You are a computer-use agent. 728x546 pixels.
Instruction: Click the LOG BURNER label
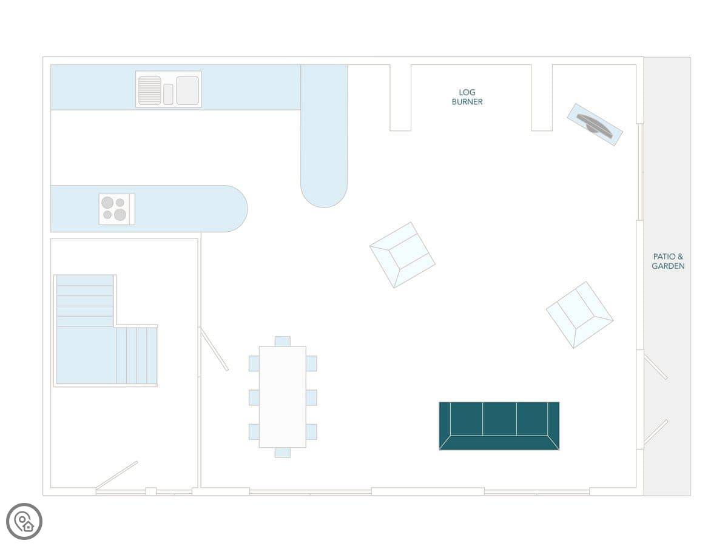(467, 97)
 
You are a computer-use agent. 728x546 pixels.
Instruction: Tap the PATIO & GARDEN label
(668, 261)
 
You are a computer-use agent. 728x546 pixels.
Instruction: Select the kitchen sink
(169, 89)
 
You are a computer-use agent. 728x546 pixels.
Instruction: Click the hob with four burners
(116, 209)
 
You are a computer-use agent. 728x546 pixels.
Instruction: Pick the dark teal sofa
(499, 425)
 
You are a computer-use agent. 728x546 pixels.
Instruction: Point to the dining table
(282, 397)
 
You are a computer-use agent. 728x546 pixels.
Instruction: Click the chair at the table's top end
(282, 341)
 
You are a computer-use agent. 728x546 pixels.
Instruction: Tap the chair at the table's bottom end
(282, 453)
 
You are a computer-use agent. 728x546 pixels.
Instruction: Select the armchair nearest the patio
(579, 314)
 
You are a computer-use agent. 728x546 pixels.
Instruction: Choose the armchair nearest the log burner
(402, 254)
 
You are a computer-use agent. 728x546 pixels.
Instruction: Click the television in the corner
(595, 124)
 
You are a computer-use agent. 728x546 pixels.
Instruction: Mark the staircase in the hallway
(106, 331)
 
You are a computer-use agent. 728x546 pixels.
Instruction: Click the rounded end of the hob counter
(234, 209)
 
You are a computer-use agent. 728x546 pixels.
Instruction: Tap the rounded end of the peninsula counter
(324, 191)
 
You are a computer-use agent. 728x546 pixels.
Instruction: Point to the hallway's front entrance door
(116, 475)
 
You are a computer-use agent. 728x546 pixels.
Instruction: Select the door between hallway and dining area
(214, 349)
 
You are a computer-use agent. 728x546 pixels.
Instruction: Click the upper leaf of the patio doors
(656, 368)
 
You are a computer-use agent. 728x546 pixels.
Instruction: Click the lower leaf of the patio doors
(656, 431)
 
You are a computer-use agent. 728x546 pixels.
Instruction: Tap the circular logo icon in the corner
(24, 521)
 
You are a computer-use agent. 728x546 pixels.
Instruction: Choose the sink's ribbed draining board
(149, 90)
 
